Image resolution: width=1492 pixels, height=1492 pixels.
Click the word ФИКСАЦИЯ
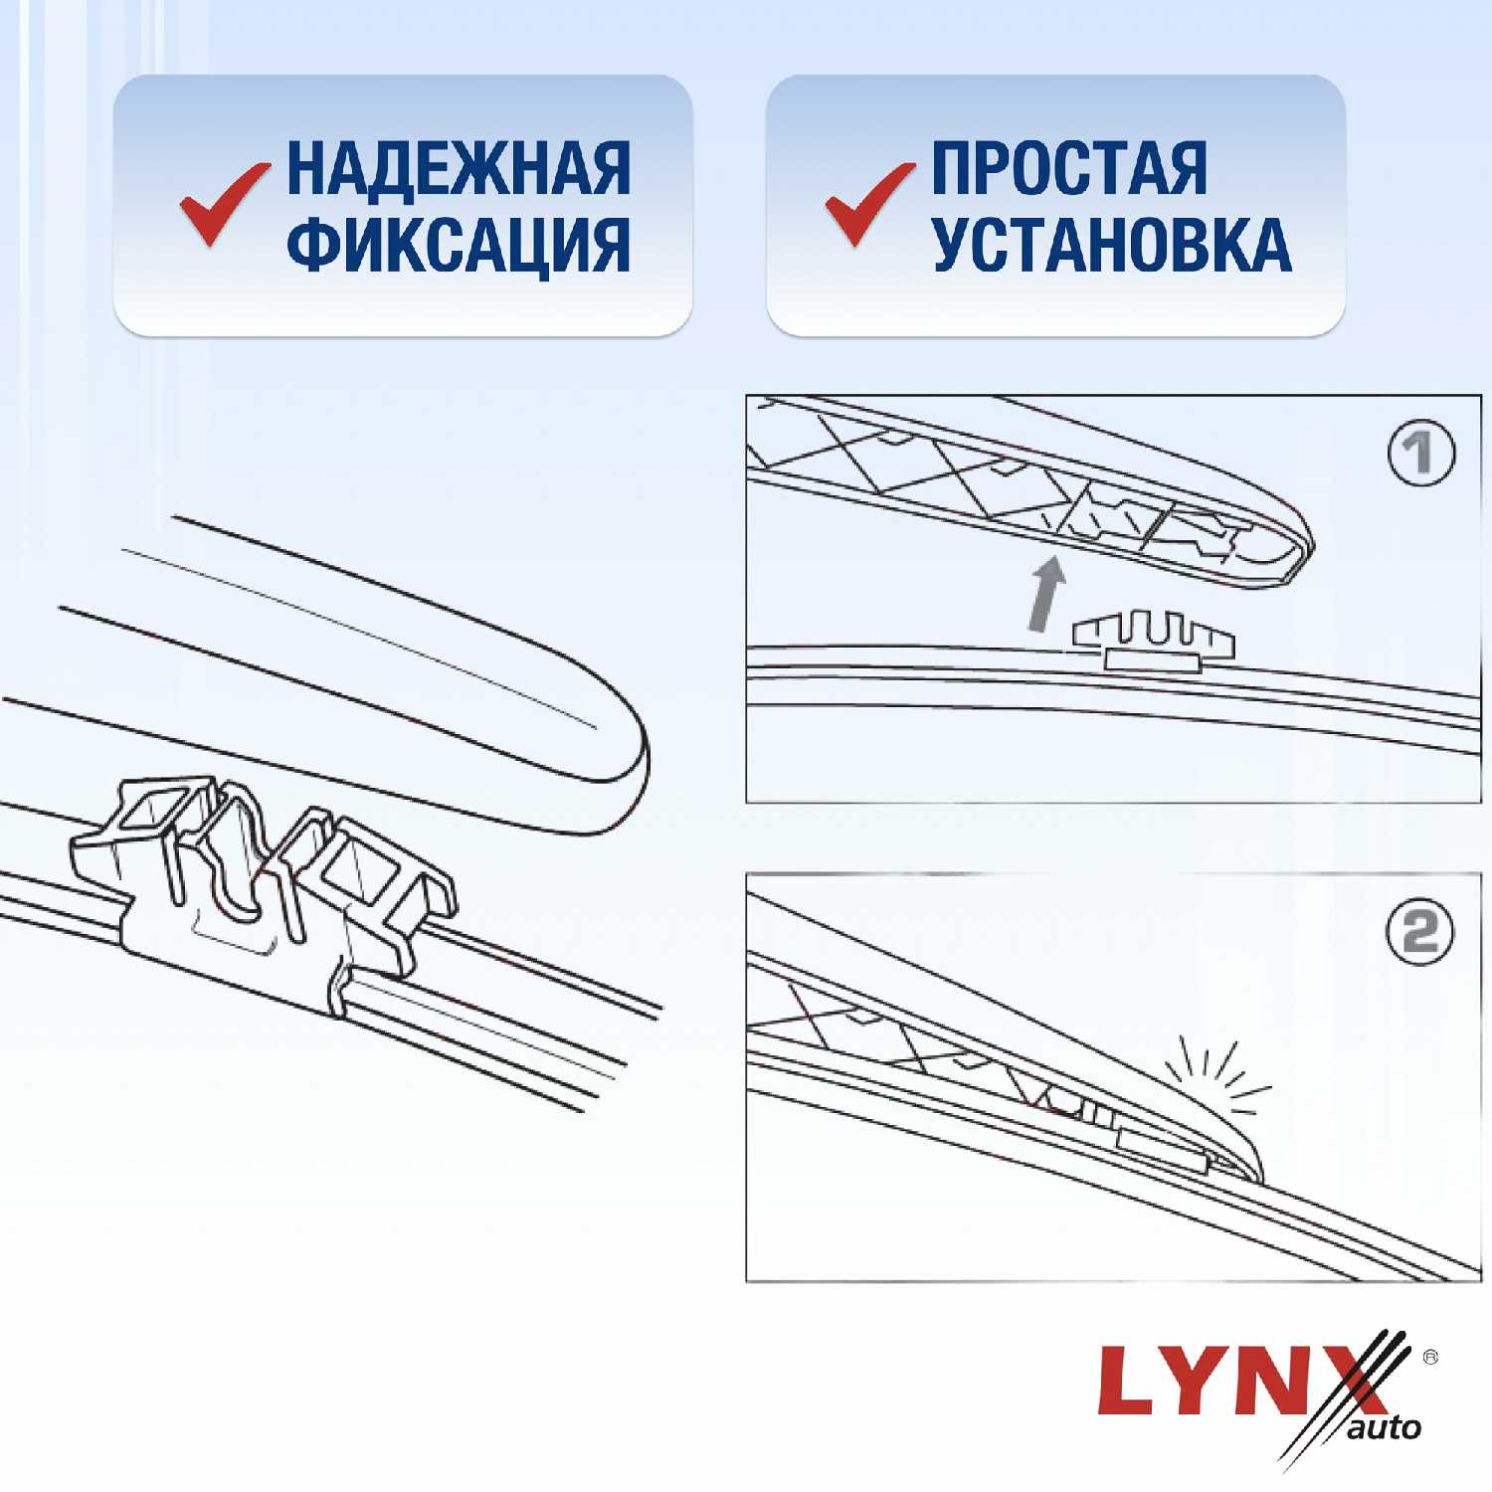click(459, 244)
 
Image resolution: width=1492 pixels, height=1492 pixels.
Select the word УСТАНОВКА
click(1111, 244)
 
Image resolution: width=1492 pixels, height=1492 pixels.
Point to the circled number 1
click(1421, 453)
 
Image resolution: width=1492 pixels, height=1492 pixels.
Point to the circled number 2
click(1420, 932)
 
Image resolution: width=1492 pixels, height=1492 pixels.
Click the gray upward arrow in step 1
click(1045, 594)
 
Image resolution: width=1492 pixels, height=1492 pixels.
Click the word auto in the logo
click(1386, 1428)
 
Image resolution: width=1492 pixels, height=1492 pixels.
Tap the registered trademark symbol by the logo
click(1430, 1356)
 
